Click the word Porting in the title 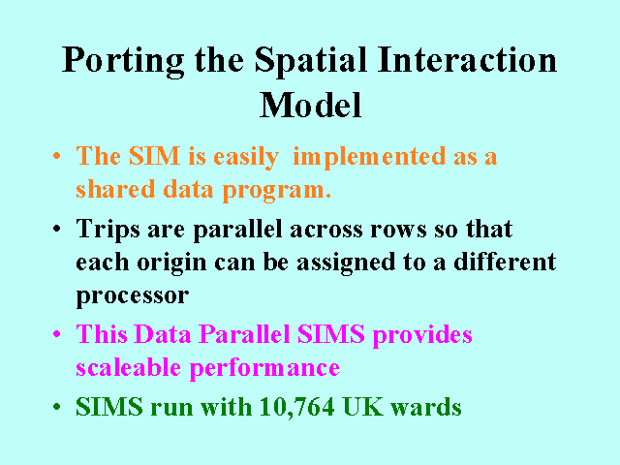[123, 61]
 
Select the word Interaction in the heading [467, 59]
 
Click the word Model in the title [310, 105]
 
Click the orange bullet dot [57, 155]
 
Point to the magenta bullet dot [57, 333]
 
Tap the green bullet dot [57, 407]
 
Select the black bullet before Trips [57, 229]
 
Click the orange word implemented [369, 158]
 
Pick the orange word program [277, 191]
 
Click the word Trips [108, 230]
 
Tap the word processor [133, 296]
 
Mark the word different [505, 262]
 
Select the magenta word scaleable [129, 367]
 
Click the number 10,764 [297, 407]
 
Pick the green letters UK [363, 406]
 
